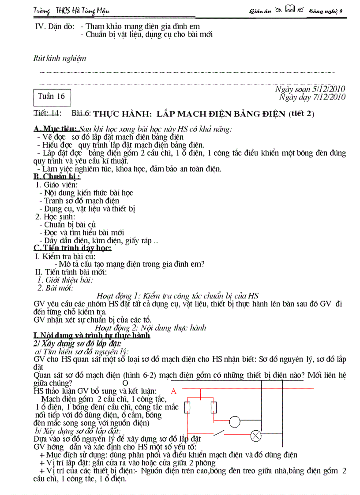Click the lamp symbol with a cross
256,436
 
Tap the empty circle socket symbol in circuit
235,422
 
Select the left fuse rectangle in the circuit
187,407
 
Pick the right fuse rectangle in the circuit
214,407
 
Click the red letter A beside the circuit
173,391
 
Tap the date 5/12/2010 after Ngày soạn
329,89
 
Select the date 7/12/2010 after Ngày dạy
329,97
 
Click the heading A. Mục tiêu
56,129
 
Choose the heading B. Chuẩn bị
56,177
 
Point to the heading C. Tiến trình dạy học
72,248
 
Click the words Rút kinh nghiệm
60,58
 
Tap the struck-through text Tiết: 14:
47,113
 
